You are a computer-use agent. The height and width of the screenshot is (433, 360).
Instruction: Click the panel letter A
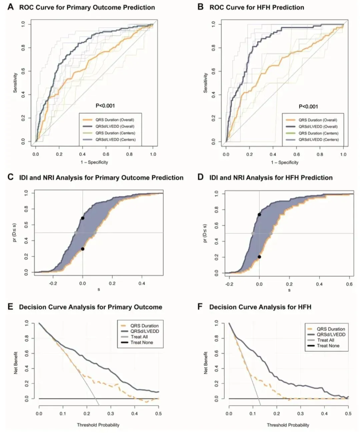click(x=11, y=7)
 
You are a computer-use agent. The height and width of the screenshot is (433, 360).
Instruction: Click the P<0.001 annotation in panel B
click(x=308, y=107)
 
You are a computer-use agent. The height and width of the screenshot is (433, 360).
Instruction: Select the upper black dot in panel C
click(x=83, y=218)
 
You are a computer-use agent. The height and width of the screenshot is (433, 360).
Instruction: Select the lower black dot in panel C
click(x=83, y=249)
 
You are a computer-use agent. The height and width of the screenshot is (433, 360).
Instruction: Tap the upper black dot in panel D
click(x=259, y=215)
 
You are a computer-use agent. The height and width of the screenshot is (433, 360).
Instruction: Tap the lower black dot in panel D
click(x=259, y=257)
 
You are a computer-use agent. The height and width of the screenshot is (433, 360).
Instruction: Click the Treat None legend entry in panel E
click(x=142, y=342)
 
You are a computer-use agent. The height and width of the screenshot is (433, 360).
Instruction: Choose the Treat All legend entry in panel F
click(x=325, y=340)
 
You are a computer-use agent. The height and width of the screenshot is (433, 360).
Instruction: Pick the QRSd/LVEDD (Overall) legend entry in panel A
click(x=115, y=126)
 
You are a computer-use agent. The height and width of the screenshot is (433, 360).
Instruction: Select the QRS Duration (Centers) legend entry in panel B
click(x=318, y=133)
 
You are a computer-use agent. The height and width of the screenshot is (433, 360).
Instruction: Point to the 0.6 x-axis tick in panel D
click(x=349, y=284)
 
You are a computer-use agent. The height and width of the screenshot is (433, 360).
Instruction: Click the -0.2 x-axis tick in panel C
click(x=53, y=283)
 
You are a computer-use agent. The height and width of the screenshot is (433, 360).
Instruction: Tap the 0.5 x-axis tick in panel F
click(x=348, y=414)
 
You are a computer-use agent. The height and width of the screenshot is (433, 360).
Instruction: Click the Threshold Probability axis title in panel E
click(x=98, y=425)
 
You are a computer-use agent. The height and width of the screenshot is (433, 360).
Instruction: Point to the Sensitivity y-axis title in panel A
click(x=15, y=83)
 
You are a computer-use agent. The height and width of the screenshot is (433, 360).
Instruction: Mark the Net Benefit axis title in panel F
click(x=206, y=363)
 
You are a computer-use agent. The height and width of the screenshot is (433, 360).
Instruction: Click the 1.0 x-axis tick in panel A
click(x=153, y=154)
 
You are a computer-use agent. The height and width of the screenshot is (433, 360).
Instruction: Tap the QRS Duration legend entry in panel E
click(x=144, y=326)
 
